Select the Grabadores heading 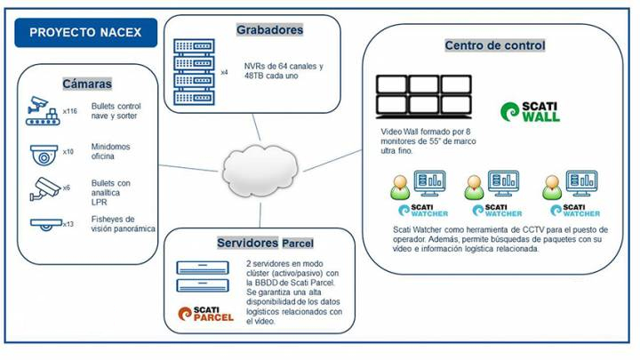tap(270, 30)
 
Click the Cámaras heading tap(86, 84)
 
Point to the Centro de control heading tap(494, 44)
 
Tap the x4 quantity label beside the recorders tap(224, 72)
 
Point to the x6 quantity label tap(66, 188)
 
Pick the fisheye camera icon tap(43, 225)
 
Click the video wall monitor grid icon tap(422, 99)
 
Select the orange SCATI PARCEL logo tap(205, 313)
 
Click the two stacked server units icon tap(204, 276)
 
